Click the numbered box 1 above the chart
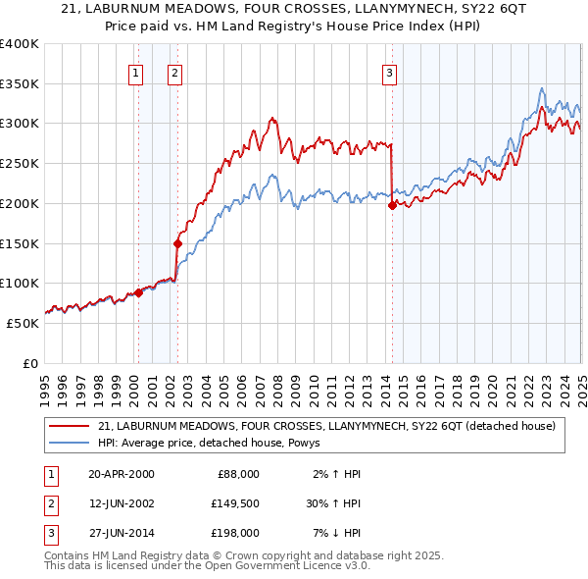135,72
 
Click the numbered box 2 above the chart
174,72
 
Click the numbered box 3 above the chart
389,72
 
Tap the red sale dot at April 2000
138,292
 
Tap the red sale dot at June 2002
177,243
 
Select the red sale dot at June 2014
392,205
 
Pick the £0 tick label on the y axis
30,363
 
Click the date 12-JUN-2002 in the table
122,503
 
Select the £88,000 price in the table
238,474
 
